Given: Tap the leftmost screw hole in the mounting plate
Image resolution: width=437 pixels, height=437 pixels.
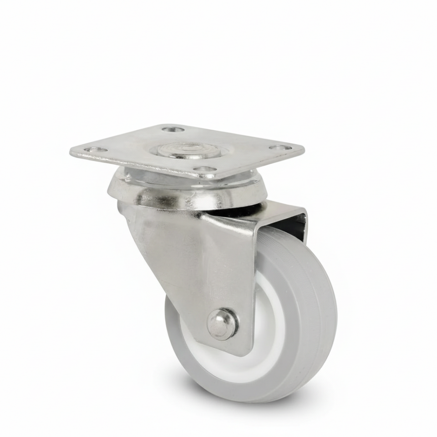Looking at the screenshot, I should click(96, 149).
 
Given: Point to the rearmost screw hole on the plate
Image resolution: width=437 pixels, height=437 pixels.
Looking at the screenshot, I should click(173, 130).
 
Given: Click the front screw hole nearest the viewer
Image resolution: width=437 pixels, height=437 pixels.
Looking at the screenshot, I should click(205, 169).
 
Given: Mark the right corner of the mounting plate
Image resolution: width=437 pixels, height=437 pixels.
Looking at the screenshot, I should click(303, 148).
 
